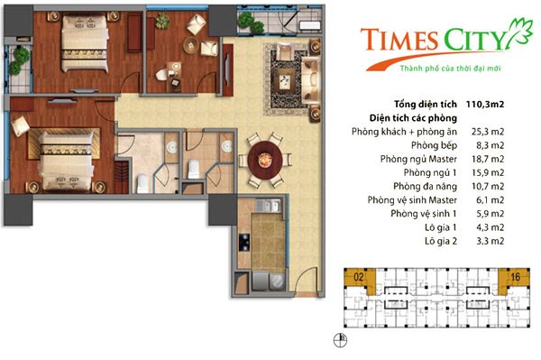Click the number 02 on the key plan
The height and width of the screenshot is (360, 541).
pos(358,276)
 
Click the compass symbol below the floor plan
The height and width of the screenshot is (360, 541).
pos(339,340)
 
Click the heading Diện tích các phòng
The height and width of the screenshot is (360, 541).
pos(416,117)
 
